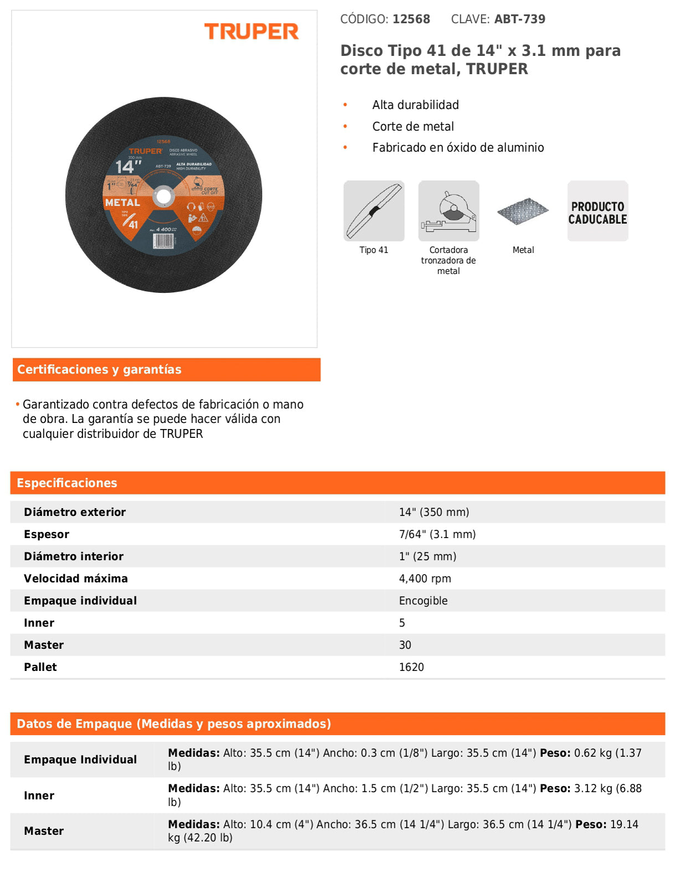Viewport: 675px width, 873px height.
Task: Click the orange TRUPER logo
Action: [251, 32]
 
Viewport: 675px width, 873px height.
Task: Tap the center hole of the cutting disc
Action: [163, 196]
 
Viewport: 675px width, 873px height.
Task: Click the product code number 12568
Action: [411, 19]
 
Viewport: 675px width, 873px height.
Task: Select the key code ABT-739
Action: [520, 19]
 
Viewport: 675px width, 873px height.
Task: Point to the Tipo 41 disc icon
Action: [374, 211]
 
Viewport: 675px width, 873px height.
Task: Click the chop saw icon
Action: [449, 211]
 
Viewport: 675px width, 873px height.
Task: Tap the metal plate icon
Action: [523, 211]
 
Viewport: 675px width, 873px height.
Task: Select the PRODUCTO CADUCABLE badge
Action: [597, 211]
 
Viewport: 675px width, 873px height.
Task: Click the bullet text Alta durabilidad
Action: [415, 105]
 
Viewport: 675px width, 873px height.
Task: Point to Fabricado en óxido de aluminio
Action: [458, 148]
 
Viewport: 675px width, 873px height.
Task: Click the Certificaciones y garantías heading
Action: [100, 370]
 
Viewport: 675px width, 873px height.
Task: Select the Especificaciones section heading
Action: [67, 483]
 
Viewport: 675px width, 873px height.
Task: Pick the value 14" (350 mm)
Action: [434, 512]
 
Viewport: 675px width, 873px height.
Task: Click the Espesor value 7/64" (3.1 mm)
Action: [437, 534]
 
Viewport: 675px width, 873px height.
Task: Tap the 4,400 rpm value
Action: [425, 578]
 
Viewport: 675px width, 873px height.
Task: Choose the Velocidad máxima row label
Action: [76, 578]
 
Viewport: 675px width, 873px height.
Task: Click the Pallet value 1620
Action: [411, 667]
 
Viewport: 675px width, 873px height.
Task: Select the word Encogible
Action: [424, 601]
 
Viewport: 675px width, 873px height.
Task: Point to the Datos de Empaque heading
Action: [174, 724]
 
